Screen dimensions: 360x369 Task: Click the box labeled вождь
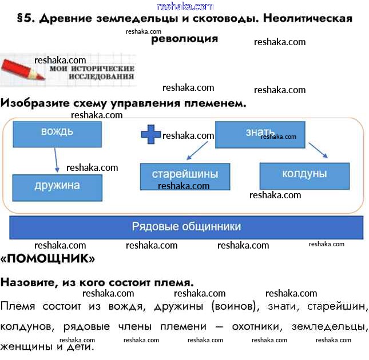click(x=57, y=134)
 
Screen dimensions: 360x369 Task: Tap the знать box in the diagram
click(x=260, y=134)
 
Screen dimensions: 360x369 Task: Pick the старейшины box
click(x=185, y=176)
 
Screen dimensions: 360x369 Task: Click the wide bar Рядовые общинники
click(x=187, y=227)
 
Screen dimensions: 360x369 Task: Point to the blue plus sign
click(x=151, y=135)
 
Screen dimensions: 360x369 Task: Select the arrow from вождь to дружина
click(x=56, y=160)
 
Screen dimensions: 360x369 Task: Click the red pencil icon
click(x=23, y=70)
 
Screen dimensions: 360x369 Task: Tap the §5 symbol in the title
click(x=24, y=19)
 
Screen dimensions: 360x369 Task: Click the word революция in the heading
click(x=184, y=39)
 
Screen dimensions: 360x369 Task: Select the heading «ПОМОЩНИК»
click(x=47, y=258)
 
